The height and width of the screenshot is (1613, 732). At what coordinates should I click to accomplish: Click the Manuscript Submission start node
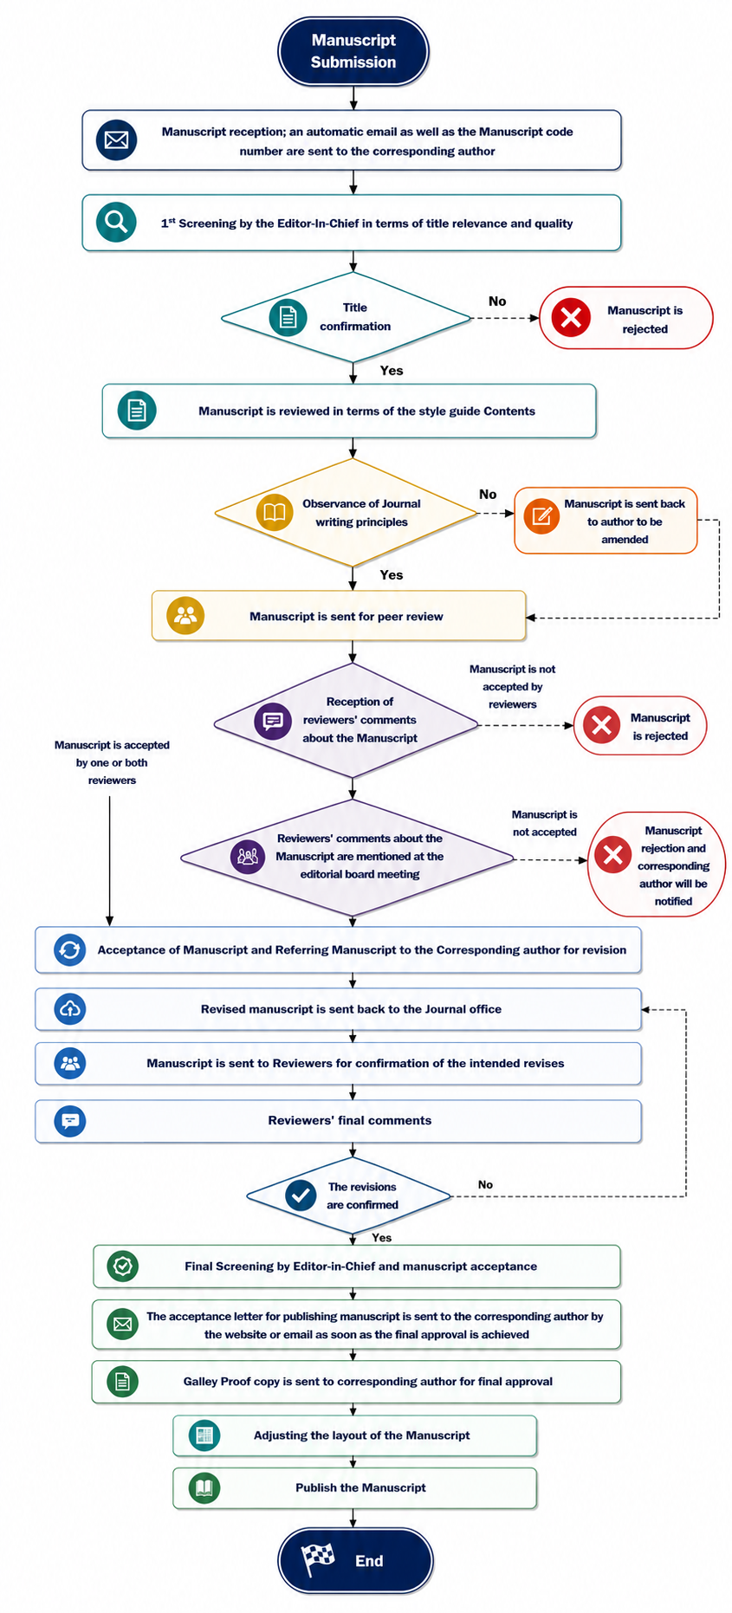click(353, 51)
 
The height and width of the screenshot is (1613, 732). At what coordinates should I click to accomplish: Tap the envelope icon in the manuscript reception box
click(116, 139)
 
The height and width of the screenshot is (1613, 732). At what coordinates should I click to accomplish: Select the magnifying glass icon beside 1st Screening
click(116, 223)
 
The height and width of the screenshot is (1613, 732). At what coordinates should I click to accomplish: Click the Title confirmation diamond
click(347, 318)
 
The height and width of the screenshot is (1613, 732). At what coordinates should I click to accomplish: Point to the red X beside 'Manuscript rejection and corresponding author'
click(612, 855)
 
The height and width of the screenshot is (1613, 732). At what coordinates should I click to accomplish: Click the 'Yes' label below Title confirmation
click(392, 371)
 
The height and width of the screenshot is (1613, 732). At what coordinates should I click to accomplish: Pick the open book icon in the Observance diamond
click(275, 512)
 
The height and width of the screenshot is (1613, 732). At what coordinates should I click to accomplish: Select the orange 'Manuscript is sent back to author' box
click(606, 521)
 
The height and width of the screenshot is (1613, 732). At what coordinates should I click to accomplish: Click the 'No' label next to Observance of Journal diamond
click(488, 495)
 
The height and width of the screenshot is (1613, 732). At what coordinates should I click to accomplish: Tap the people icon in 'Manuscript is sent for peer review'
click(185, 616)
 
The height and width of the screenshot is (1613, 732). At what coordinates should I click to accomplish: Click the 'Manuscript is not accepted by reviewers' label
click(513, 687)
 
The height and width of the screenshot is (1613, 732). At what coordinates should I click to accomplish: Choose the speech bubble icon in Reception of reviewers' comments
click(273, 720)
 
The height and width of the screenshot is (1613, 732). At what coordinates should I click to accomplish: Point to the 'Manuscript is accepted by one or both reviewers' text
click(112, 762)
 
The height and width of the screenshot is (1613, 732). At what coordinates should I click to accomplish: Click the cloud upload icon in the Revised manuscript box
click(70, 1009)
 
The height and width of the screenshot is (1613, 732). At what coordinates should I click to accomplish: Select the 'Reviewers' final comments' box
click(338, 1121)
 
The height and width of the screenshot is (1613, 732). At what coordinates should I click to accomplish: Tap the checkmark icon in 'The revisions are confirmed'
click(301, 1195)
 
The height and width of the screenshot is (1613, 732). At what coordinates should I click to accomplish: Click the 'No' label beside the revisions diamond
click(485, 1184)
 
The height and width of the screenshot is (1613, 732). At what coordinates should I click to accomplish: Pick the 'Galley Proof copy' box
click(356, 1382)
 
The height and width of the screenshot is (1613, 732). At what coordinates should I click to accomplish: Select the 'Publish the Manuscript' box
click(355, 1488)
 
